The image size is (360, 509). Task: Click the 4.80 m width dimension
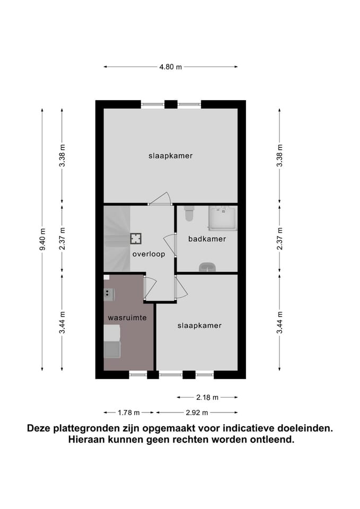point(170,67)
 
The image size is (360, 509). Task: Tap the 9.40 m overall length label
point(42,240)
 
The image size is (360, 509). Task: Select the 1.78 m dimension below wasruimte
point(129,412)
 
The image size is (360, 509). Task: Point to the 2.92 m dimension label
point(197,412)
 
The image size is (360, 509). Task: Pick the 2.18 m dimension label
point(208,397)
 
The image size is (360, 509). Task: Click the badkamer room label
point(207,239)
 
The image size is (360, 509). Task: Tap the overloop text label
point(148,254)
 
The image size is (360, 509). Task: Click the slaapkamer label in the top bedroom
point(170,156)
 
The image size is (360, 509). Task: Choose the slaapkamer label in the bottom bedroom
point(199,325)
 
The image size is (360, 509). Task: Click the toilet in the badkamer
point(188,215)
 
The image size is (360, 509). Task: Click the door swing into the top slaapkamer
point(160,199)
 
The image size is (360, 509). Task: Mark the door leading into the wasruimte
point(149,286)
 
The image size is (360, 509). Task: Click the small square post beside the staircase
point(136,238)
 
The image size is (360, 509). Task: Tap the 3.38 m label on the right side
point(279,156)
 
